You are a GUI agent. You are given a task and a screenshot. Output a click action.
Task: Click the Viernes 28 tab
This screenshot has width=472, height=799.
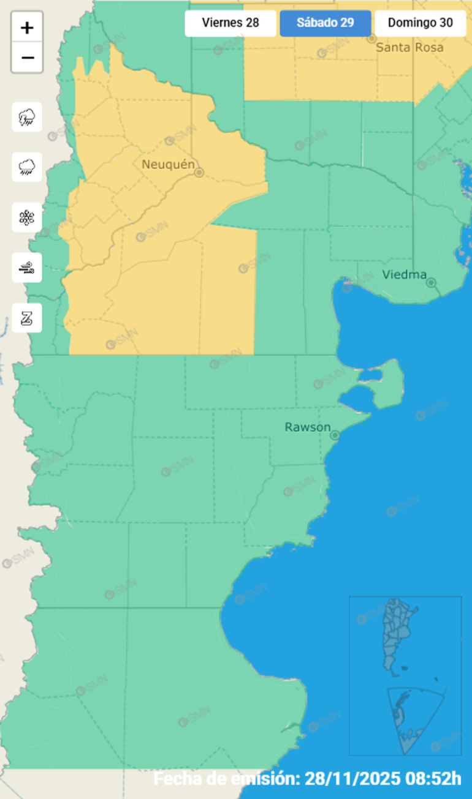coord(230,23)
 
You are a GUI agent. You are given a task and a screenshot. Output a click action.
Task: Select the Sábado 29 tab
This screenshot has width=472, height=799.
coord(325,23)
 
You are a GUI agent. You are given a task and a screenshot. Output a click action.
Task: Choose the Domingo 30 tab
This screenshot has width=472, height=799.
coord(421,23)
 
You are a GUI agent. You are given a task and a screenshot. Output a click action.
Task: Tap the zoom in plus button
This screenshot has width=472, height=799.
coord(27,28)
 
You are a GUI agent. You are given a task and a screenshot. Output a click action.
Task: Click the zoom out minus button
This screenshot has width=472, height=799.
coord(27,58)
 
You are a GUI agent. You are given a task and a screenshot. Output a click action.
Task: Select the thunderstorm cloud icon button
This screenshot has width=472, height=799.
coord(27,117)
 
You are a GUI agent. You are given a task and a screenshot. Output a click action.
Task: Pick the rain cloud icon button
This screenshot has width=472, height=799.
coord(27,167)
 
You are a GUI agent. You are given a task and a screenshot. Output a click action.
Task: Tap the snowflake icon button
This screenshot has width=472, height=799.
coord(27,217)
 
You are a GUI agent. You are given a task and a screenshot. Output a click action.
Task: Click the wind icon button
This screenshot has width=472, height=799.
coord(27,268)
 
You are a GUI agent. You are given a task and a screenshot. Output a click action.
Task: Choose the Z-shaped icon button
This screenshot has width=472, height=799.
coord(27,318)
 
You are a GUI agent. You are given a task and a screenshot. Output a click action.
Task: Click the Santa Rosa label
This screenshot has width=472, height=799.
coord(409,47)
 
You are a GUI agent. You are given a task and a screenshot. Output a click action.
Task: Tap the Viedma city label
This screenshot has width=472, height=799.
coord(404,274)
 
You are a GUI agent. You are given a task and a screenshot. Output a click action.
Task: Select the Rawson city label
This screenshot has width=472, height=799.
coord(308,427)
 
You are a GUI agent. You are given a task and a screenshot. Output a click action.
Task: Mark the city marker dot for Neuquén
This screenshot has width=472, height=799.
coord(199,173)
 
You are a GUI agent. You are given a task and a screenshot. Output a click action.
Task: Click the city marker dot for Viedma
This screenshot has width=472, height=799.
coord(431,282)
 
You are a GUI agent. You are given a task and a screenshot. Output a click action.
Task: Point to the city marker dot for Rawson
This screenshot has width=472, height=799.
coord(335,435)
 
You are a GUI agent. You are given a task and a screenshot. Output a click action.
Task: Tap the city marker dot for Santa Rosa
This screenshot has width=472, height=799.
coord(371,39)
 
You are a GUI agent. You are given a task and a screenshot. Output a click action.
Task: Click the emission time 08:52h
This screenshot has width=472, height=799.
coord(433,779)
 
